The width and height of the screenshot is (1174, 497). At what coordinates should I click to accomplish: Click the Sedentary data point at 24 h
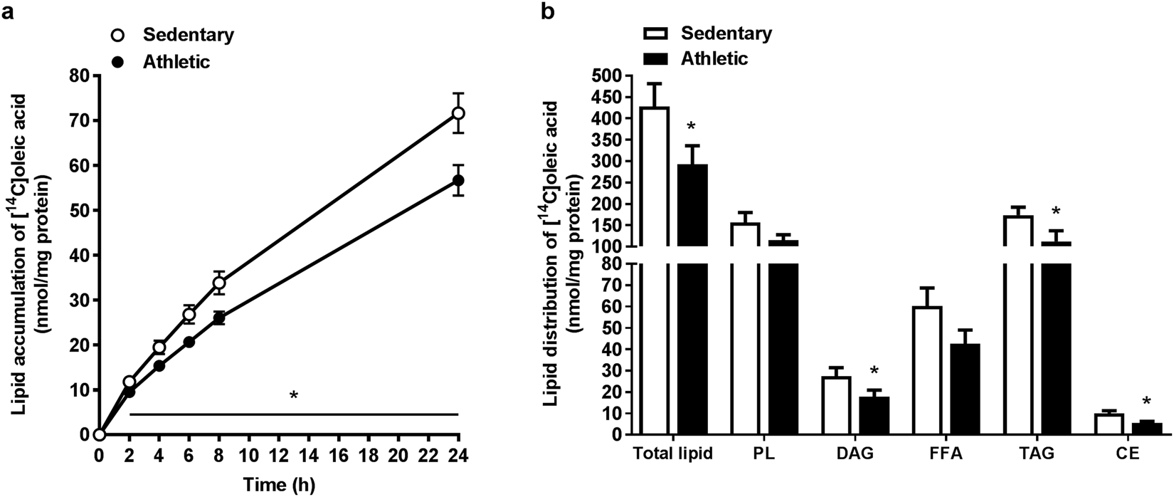(458, 113)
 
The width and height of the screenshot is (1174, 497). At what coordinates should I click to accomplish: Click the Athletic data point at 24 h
(458, 180)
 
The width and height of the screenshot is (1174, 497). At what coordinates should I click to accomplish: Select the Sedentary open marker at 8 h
(219, 283)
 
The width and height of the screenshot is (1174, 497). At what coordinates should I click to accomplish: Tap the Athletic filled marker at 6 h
(189, 342)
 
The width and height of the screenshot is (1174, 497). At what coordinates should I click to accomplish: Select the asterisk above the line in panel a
(293, 396)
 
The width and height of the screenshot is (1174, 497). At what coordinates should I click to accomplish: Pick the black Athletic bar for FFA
(964, 389)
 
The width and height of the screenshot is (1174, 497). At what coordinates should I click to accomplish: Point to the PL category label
(766, 452)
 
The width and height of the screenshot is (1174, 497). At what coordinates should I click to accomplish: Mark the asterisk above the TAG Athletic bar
(1057, 211)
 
